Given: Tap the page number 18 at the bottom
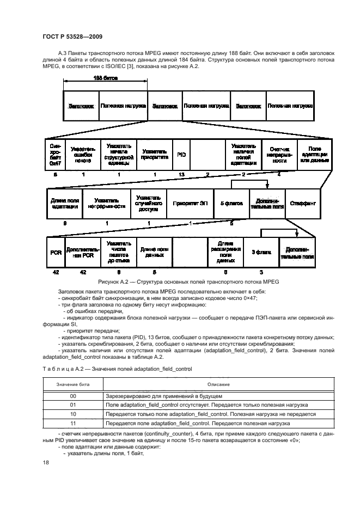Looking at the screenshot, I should (x=46, y=462).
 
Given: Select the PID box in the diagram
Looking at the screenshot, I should (x=181, y=155).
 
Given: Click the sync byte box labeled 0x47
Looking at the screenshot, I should (x=56, y=155).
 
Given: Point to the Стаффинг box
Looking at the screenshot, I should (x=302, y=203).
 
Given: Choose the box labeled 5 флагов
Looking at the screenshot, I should (x=231, y=203).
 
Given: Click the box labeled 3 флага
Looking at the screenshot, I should (x=261, y=252).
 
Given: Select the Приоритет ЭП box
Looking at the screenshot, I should (x=190, y=203).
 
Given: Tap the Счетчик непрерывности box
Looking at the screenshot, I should (x=279, y=155).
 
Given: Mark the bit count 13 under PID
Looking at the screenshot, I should (x=181, y=174).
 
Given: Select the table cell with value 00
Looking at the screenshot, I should (x=73, y=396).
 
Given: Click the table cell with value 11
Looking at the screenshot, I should (x=73, y=422).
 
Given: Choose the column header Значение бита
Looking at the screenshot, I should (x=73, y=385).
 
